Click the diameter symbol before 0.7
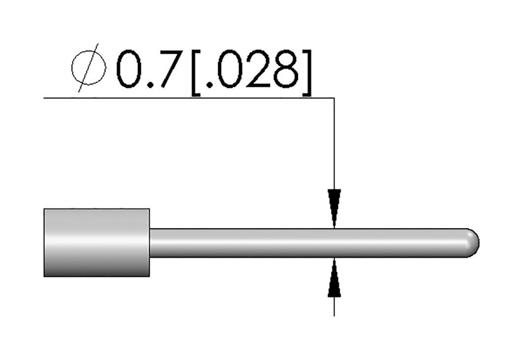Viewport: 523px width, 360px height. point(88,69)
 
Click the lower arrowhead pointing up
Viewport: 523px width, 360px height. point(334,279)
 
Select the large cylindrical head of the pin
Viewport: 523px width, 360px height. point(97,243)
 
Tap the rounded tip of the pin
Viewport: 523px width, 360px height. point(473,243)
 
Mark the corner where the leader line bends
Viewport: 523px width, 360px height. point(334,97)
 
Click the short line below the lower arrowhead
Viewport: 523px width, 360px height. point(334,306)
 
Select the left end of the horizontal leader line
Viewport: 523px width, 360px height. point(45,97)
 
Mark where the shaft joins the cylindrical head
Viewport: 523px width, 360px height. point(150,243)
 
